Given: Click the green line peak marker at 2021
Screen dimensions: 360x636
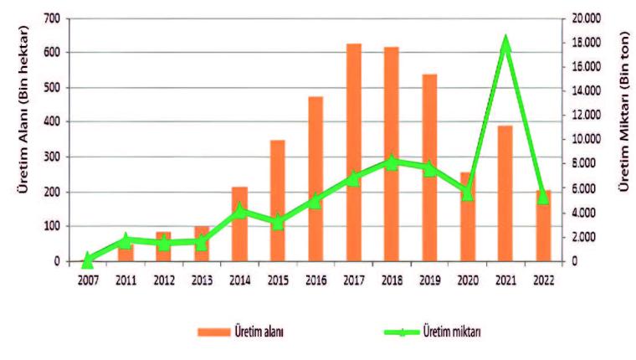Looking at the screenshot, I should pyautogui.click(x=505, y=44).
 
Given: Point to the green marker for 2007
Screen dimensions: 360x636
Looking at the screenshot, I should pyautogui.click(x=87, y=260).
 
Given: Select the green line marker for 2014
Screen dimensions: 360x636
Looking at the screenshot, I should pyautogui.click(x=239, y=211).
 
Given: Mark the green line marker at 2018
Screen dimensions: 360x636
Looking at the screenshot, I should pyautogui.click(x=391, y=162).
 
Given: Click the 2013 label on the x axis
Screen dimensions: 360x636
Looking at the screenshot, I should pyautogui.click(x=201, y=280).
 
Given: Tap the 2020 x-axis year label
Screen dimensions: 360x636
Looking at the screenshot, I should pyautogui.click(x=467, y=280).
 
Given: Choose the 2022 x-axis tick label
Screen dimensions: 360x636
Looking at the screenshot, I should pyautogui.click(x=543, y=280).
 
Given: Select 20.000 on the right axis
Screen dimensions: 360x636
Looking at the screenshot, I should pyautogui.click(x=585, y=18).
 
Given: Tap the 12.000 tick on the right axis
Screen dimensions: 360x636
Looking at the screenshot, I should pyautogui.click(x=585, y=115).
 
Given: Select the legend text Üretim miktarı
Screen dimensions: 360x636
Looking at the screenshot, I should pyautogui.click(x=452, y=332).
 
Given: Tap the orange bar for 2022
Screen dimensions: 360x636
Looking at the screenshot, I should pyautogui.click(x=543, y=226).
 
